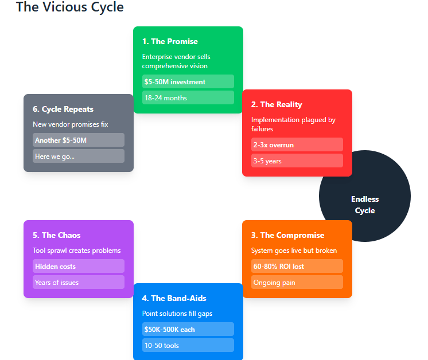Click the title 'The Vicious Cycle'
(69, 7)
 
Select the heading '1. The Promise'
(170, 41)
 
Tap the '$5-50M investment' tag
(188, 81)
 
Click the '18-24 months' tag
(188, 97)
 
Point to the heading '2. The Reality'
(277, 104)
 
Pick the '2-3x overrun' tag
(297, 144)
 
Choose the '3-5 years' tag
(297, 161)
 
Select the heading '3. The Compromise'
(287, 235)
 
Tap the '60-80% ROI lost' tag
(297, 266)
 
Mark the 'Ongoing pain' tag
(297, 282)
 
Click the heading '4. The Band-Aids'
(174, 298)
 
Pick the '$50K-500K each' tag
(188, 329)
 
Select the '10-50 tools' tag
(188, 345)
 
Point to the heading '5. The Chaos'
(57, 235)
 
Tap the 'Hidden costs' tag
(78, 266)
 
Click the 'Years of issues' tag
(78, 282)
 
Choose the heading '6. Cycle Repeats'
(63, 109)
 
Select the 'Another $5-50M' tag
(78, 140)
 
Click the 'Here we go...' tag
(78, 156)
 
